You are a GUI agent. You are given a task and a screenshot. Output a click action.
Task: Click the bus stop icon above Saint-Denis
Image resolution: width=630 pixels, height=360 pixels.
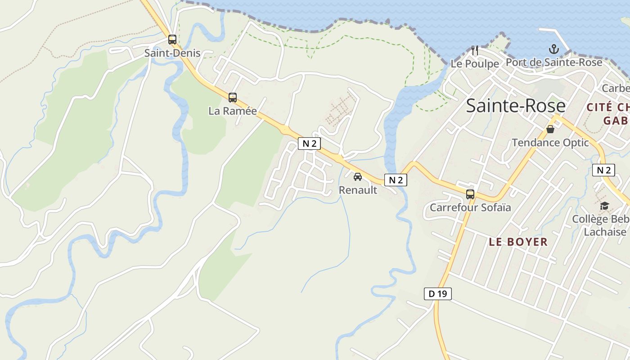click(x=172, y=40)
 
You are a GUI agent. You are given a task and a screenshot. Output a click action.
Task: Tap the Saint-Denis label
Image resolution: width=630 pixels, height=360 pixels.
click(x=172, y=53)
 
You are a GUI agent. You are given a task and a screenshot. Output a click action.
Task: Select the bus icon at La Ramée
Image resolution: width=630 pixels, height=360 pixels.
click(x=233, y=97)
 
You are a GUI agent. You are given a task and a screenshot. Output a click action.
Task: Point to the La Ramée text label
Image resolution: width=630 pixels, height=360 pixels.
click(x=233, y=111)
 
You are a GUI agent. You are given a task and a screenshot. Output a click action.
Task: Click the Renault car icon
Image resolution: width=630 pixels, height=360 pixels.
click(x=358, y=177)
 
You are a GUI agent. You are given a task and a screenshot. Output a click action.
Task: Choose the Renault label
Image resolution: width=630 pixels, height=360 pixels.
click(x=358, y=190)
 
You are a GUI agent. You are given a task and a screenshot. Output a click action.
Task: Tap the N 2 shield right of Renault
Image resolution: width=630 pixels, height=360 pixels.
click(x=396, y=180)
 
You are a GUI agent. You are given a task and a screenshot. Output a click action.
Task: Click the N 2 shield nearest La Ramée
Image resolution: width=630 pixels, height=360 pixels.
click(x=309, y=144)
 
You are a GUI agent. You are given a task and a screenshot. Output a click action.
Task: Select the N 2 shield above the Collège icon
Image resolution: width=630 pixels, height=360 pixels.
click(x=603, y=170)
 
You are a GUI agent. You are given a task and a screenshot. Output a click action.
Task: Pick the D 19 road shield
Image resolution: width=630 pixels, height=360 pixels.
click(x=437, y=294)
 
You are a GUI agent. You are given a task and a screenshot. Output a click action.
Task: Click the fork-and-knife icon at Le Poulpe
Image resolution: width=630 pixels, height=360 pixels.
click(x=475, y=50)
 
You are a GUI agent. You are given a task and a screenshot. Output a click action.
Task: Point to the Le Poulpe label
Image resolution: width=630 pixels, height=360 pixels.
click(x=475, y=63)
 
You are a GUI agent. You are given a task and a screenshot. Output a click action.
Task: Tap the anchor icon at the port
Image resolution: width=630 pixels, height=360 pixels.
click(x=553, y=49)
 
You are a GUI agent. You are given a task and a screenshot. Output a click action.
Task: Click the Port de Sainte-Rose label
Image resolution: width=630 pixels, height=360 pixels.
click(x=554, y=62)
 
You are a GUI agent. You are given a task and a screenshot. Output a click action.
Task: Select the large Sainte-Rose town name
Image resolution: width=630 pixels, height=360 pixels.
click(x=515, y=106)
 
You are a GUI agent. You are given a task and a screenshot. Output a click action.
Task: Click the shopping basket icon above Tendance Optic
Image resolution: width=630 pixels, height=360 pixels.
click(x=550, y=130)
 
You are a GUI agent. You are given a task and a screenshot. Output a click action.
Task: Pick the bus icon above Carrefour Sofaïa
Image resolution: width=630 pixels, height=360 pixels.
click(x=470, y=194)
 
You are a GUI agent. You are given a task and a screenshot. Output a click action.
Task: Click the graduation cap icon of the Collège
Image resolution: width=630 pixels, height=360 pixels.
click(x=604, y=206)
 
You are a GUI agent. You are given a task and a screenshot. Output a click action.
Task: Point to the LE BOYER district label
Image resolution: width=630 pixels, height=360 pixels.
click(x=518, y=242)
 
